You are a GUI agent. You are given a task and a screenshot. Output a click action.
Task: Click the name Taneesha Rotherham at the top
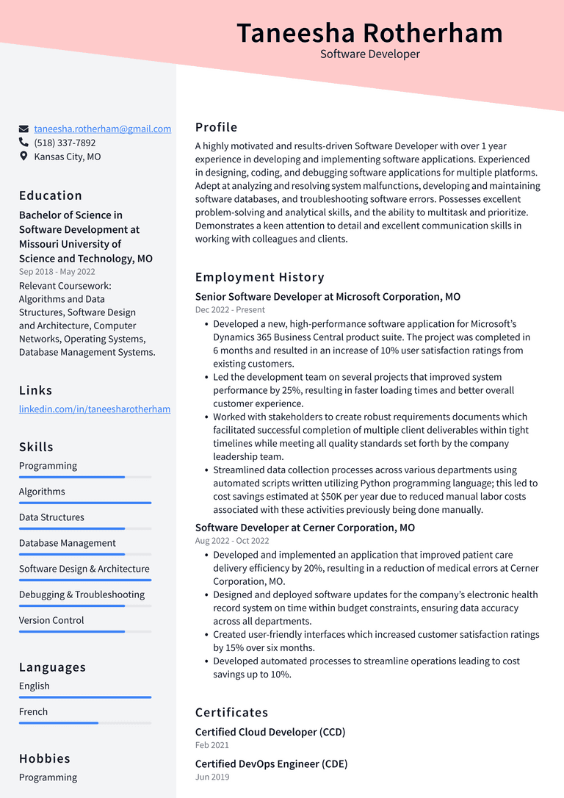tap(370, 33)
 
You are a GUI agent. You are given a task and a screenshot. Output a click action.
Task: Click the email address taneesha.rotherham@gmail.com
tap(102, 129)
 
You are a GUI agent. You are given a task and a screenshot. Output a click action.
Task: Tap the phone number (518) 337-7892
tap(65, 143)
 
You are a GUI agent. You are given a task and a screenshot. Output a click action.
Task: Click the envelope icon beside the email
tap(24, 129)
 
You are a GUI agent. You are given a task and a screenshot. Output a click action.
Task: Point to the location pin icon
tap(24, 157)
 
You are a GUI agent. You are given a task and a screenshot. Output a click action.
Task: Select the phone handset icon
tap(24, 143)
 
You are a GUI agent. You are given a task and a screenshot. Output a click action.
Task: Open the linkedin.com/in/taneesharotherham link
tap(95, 409)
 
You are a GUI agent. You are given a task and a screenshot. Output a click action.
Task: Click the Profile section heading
tap(216, 127)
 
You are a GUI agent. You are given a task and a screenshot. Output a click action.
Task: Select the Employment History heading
tap(259, 277)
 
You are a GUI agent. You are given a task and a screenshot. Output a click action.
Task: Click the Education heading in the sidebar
tap(51, 195)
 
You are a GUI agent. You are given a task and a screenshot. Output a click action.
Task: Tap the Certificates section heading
tap(231, 712)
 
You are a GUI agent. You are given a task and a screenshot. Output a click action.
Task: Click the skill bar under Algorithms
tap(84, 503)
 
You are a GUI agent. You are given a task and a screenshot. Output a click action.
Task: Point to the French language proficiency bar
tap(84, 723)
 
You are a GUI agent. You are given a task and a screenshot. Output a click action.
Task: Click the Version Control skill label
tap(51, 620)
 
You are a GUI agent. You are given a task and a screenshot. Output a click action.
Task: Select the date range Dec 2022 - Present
tap(230, 310)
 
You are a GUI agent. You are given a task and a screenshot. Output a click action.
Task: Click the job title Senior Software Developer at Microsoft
tap(328, 297)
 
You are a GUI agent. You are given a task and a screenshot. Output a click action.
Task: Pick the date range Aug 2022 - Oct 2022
tap(232, 541)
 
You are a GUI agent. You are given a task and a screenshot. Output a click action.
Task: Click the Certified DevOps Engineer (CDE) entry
tap(271, 763)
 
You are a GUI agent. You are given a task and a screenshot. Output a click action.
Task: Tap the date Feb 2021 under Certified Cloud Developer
tap(212, 745)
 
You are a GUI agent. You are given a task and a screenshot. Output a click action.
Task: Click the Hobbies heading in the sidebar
tap(45, 758)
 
